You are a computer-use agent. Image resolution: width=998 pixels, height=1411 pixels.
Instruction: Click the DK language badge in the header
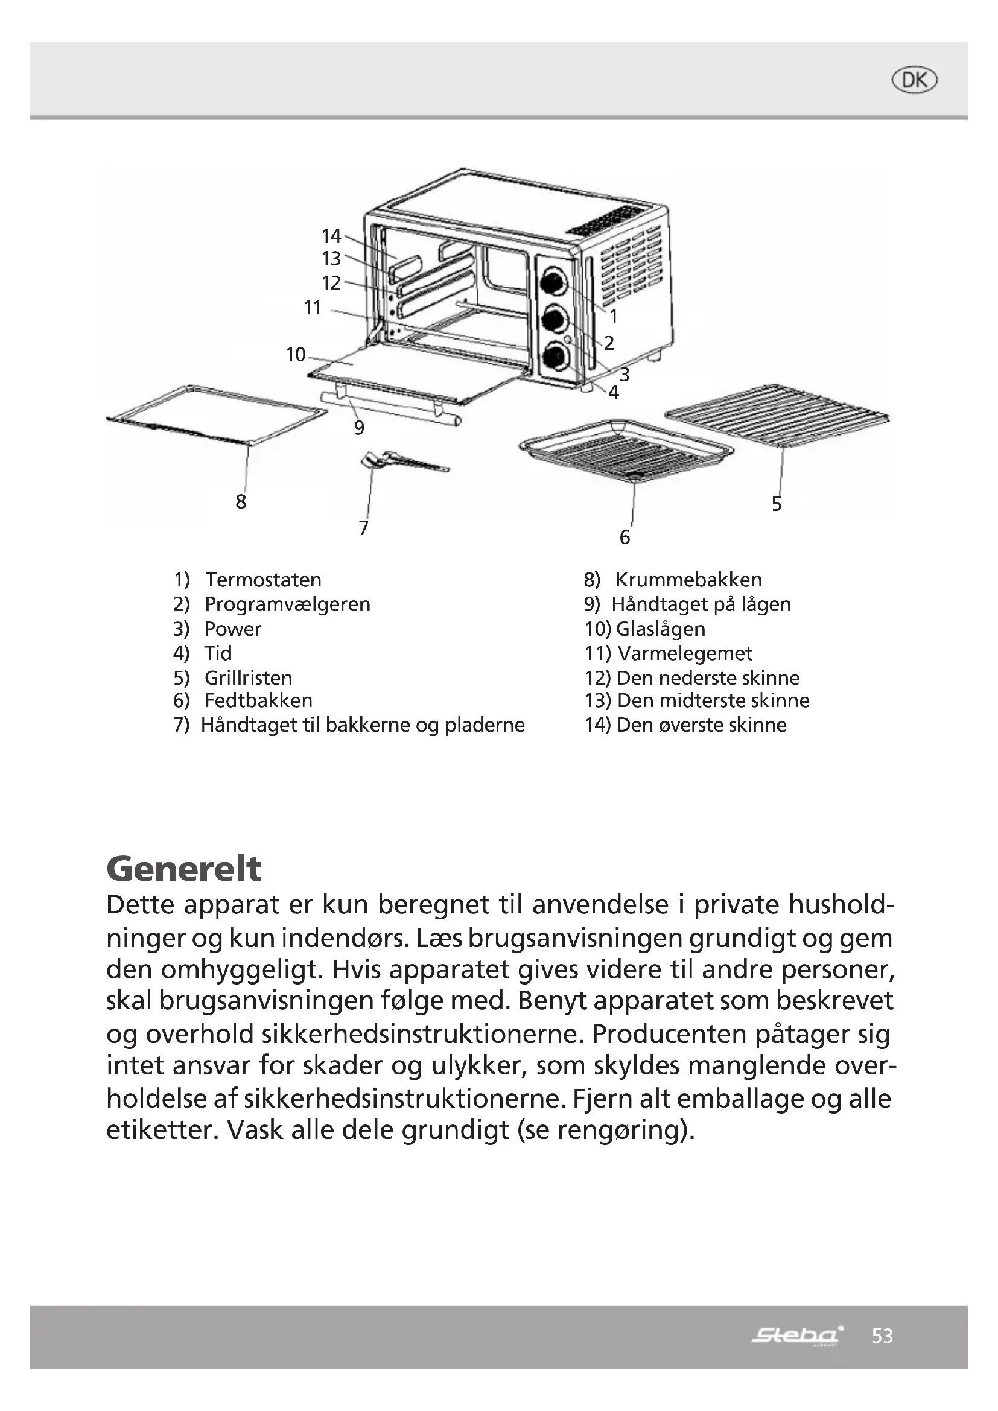tap(914, 80)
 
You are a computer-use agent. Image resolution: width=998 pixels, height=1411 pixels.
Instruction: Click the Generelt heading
tap(184, 868)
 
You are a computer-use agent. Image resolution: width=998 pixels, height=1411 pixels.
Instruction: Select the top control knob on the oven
tap(553, 281)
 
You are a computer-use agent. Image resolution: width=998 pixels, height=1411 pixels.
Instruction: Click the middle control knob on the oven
tap(553, 319)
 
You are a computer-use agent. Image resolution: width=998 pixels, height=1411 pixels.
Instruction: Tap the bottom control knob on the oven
tap(553, 357)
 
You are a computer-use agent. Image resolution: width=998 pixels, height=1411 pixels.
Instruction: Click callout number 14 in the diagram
tap(331, 235)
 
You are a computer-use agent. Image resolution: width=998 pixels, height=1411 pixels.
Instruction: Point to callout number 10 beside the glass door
tap(296, 354)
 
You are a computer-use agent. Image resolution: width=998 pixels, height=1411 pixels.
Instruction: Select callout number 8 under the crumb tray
tap(241, 501)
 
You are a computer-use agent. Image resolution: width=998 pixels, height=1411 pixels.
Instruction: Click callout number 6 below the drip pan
tap(625, 537)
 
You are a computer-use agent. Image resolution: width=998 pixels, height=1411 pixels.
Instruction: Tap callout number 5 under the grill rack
tap(777, 504)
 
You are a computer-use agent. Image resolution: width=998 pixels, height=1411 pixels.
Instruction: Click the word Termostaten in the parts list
tap(263, 580)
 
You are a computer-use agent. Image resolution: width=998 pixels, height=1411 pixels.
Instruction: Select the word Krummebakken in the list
tap(688, 580)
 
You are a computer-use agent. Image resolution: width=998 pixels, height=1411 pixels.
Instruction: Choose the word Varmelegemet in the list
tap(685, 653)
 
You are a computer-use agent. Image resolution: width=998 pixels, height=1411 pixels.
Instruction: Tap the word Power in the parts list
tap(232, 629)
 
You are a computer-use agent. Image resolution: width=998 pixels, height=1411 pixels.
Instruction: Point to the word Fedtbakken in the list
tap(258, 700)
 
